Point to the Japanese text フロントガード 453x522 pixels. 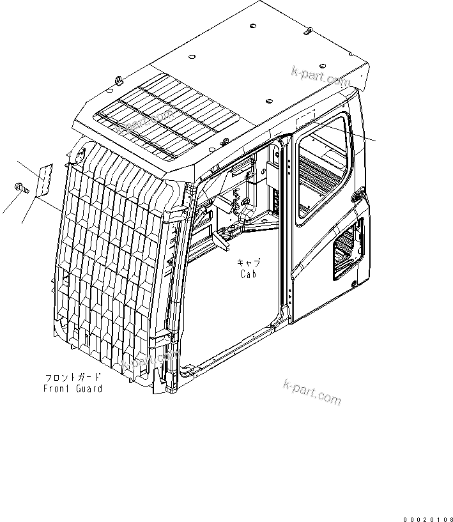tap(73, 377)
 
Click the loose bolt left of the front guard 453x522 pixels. tap(19, 187)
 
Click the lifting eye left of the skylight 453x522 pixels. tap(120, 80)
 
